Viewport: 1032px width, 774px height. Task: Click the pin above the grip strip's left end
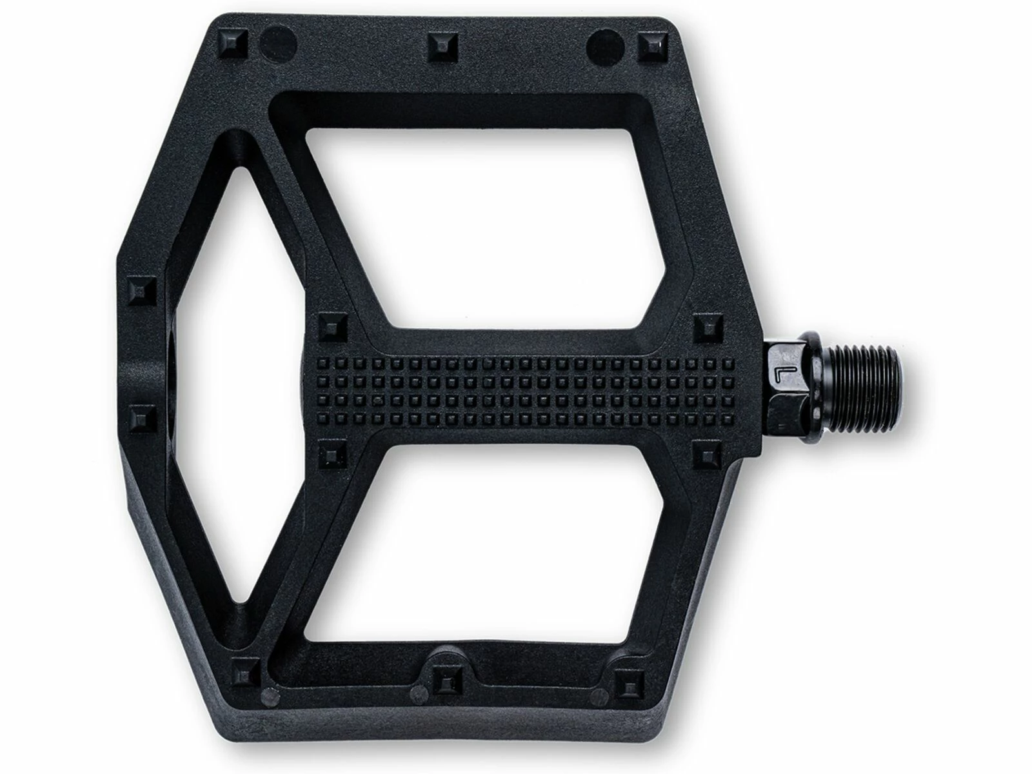pos(332,328)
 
